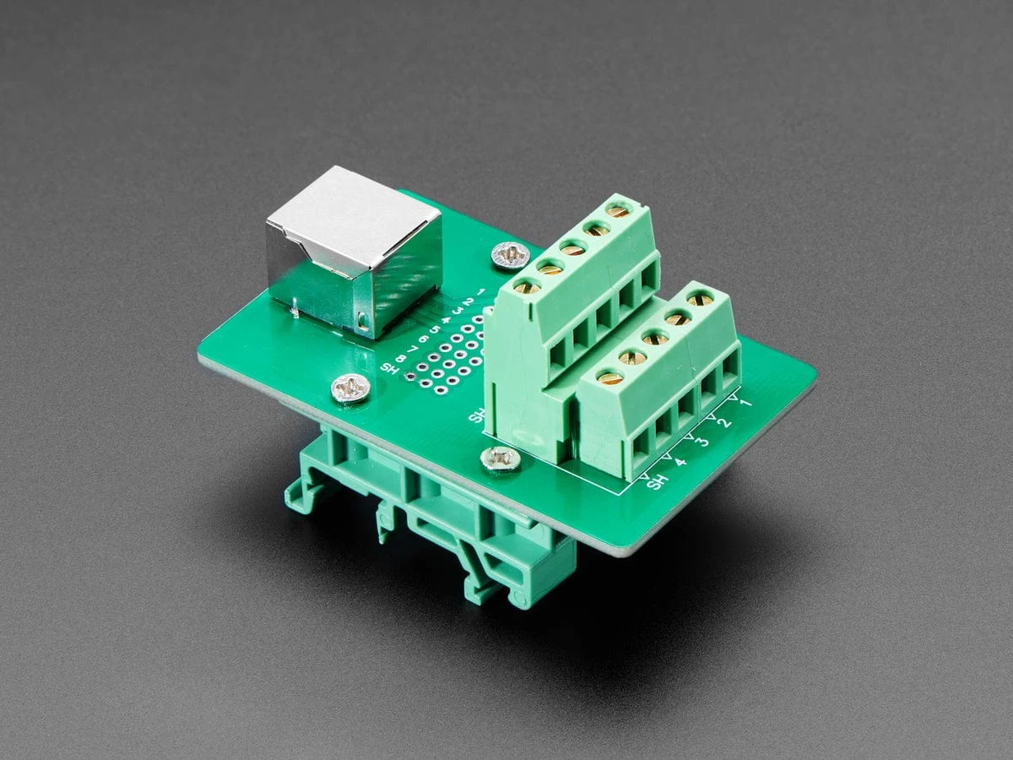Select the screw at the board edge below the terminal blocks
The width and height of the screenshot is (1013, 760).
click(x=500, y=459)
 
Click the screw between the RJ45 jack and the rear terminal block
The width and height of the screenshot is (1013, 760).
click(x=509, y=252)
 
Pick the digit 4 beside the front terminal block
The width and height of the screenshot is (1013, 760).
click(x=680, y=461)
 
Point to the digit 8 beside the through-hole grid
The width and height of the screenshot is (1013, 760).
click(x=402, y=357)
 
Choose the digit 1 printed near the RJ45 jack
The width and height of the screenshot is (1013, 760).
click(x=480, y=292)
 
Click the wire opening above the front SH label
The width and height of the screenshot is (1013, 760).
click(x=642, y=442)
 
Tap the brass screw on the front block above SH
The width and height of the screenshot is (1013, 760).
click(x=609, y=377)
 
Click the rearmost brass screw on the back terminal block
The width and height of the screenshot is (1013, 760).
click(x=619, y=210)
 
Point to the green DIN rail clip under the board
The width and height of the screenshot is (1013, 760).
click(x=439, y=524)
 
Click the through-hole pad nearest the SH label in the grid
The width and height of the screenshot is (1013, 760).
click(x=411, y=376)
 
